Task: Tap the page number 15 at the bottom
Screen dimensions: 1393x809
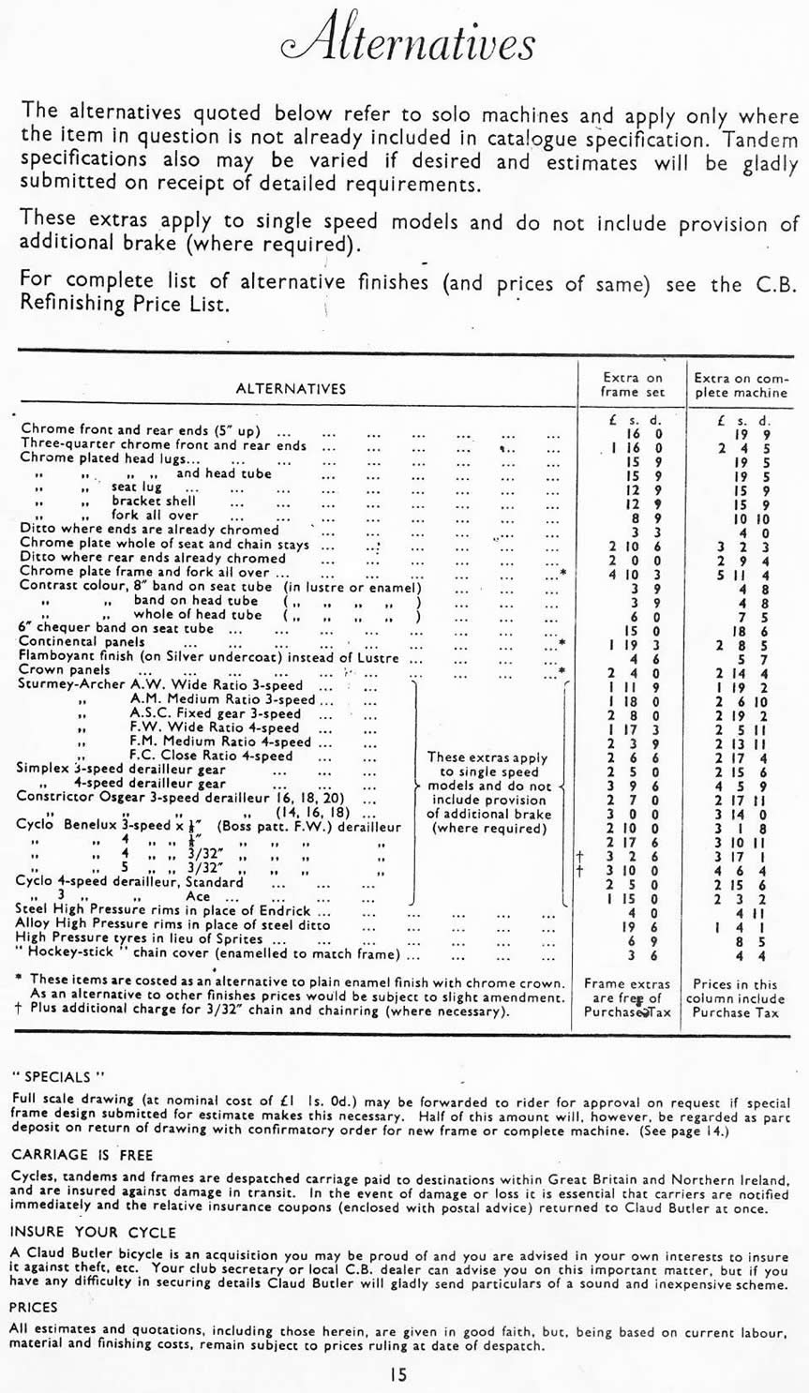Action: pyautogui.click(x=402, y=1374)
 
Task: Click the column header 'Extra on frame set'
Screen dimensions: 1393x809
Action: pyautogui.click(x=633, y=384)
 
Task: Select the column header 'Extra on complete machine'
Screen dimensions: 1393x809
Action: pyautogui.click(x=740, y=384)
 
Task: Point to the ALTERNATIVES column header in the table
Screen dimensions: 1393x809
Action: pyautogui.click(x=291, y=388)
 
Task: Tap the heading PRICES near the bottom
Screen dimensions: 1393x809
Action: pyautogui.click(x=33, y=1307)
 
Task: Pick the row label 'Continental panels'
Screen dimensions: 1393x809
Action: pyautogui.click(x=82, y=642)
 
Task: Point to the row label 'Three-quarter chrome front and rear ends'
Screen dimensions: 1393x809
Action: pyautogui.click(x=163, y=445)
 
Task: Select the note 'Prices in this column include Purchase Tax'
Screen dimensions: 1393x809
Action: pyautogui.click(x=740, y=998)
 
